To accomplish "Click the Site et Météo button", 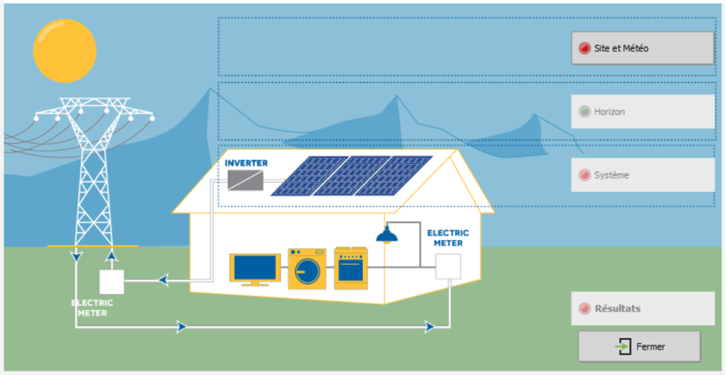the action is (x=643, y=48).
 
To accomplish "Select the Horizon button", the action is (x=643, y=112).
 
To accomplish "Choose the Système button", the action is (x=643, y=175).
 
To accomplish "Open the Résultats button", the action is (x=643, y=308).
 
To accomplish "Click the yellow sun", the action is (x=64, y=51).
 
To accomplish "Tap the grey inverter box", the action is (x=245, y=180).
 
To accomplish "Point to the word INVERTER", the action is (x=246, y=163).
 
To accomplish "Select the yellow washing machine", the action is (x=307, y=268).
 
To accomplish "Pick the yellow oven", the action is (x=351, y=268).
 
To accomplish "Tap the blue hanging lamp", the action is (x=387, y=235).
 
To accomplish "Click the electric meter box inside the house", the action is (x=448, y=266).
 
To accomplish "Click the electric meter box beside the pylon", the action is (x=112, y=282).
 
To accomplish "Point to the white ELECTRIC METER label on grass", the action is (x=92, y=308).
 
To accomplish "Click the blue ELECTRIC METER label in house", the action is (x=448, y=238).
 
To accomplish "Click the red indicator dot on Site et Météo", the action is (x=585, y=48).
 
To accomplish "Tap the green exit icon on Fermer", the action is (x=624, y=346).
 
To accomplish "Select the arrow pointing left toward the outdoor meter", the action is (x=162, y=280).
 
